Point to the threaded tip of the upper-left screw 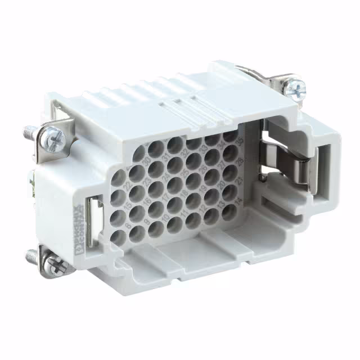click(x=28, y=133)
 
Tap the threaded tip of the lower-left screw click(x=31, y=256)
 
